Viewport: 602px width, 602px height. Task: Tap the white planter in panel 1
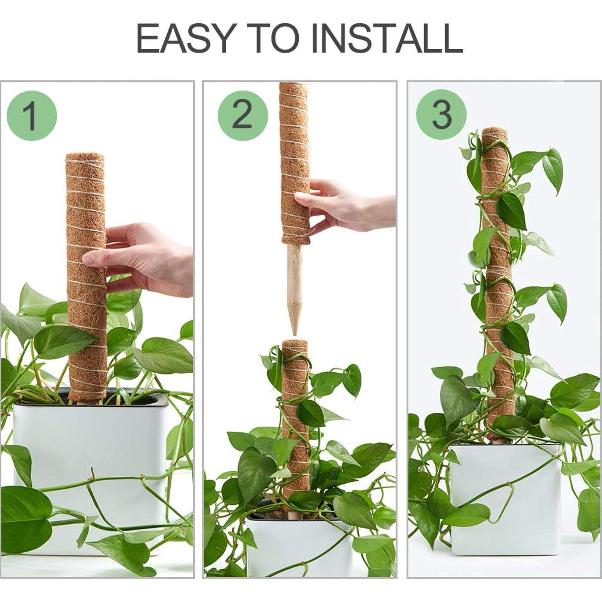[x=90, y=449]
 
